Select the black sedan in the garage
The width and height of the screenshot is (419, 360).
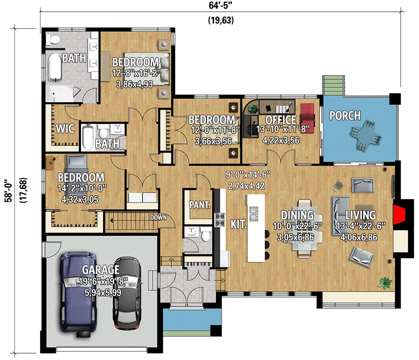(127, 292)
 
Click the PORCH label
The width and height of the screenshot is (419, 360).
(345, 116)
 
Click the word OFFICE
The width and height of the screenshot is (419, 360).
(280, 120)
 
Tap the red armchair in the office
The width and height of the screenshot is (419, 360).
(307, 115)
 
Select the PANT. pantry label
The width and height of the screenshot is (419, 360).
(199, 205)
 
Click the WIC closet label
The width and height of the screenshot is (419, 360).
(65, 128)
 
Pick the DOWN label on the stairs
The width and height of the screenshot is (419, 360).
(159, 218)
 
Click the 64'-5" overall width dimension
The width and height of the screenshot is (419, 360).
(221, 6)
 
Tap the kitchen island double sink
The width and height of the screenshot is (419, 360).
(253, 213)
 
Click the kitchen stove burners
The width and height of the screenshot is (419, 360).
(220, 219)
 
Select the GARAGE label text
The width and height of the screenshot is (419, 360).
(101, 270)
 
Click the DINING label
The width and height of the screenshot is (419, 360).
(297, 215)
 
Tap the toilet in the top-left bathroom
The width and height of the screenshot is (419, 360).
(55, 40)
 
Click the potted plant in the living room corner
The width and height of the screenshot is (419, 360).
(384, 283)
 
